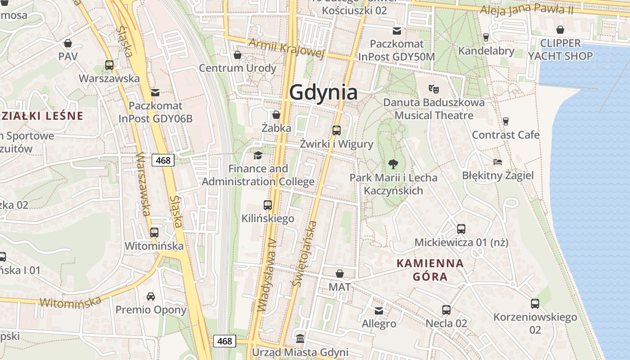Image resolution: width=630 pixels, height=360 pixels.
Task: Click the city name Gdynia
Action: coord(323,92)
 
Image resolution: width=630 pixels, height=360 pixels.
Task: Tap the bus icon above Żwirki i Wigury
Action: coord(336,130)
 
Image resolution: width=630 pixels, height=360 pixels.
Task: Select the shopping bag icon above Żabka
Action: coord(276,114)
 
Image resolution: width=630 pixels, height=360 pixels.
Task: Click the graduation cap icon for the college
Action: coord(258,155)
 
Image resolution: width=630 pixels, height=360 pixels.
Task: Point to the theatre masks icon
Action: coord(433,89)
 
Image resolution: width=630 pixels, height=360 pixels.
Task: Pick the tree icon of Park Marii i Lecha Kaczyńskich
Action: coord(393,164)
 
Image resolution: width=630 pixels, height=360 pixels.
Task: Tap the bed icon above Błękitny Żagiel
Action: coord(497,162)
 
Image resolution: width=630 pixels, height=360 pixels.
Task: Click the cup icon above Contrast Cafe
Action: coord(505,121)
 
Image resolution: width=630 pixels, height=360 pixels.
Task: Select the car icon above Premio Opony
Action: coord(150,296)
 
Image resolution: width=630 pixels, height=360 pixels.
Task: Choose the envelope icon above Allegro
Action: coord(379,310)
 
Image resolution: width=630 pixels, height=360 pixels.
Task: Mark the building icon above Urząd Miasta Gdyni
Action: coord(300,338)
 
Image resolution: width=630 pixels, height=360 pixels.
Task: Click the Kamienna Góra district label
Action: coord(430,270)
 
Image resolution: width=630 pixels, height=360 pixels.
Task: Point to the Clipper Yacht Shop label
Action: coord(560,49)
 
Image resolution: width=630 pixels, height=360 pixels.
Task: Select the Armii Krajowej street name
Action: coord(286,48)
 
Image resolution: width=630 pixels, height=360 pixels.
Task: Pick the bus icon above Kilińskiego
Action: coord(268,205)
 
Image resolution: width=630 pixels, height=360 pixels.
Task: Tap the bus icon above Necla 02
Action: coord(446,310)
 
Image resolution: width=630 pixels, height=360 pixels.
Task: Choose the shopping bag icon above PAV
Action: coord(68,43)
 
